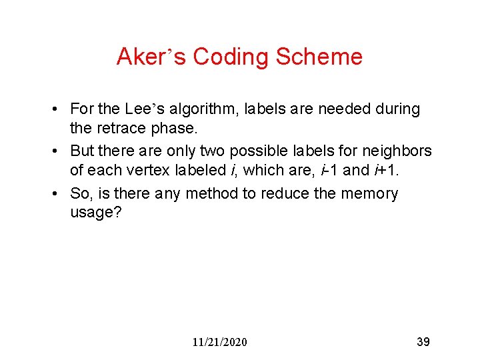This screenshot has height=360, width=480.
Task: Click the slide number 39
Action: [423, 342]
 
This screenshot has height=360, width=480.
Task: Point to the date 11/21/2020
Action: [219, 342]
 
